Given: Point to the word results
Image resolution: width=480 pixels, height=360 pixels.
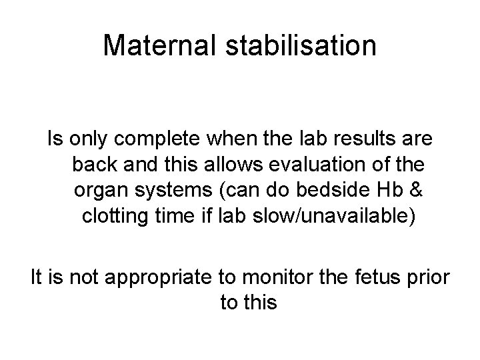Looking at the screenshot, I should (367, 140).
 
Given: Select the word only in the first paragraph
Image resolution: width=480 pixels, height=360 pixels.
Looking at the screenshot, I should (83, 140).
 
